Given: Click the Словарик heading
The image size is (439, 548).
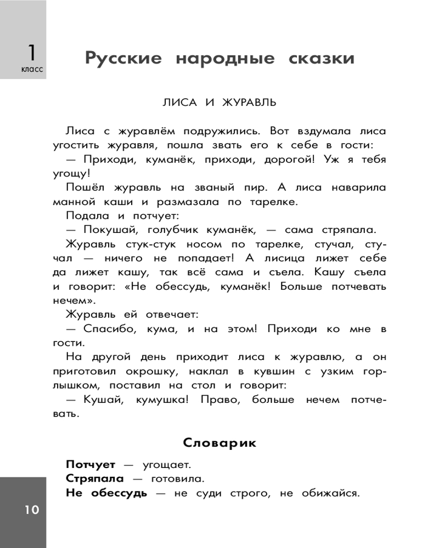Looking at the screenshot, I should [x=219, y=443].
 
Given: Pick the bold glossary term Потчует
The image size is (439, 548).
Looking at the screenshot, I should [x=91, y=465].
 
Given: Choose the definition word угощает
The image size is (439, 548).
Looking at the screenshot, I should [x=166, y=465].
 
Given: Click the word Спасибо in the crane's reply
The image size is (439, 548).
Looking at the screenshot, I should [x=108, y=329].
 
